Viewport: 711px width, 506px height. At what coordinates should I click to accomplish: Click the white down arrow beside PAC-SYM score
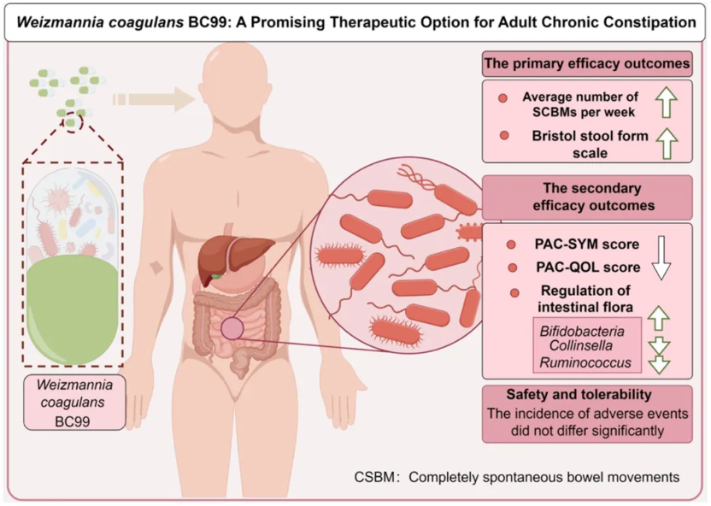660,256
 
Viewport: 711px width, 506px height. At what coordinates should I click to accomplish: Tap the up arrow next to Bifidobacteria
660,320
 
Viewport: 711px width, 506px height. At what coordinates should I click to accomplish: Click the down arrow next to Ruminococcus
660,364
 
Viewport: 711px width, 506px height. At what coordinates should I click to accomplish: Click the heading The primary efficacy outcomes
586,63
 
